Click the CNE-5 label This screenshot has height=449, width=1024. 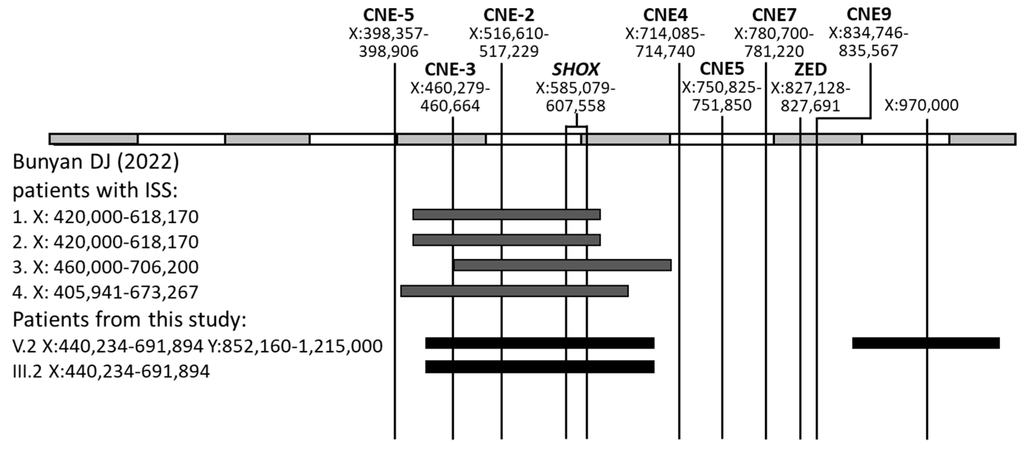click(388, 15)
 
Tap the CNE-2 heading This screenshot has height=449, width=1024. click(509, 15)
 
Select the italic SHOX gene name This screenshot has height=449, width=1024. click(575, 70)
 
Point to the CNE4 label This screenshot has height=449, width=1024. click(665, 15)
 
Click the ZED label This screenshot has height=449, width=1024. click(810, 70)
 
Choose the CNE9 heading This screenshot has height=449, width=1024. click(869, 14)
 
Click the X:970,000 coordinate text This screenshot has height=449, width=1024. click(921, 105)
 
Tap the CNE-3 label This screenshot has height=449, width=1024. click(450, 70)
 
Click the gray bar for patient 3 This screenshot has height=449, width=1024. click(562, 265)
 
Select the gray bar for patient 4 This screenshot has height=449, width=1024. click(514, 291)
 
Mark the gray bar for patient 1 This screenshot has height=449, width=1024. click(506, 215)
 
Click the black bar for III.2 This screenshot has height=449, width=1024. click(540, 367)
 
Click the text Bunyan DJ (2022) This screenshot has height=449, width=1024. click(96, 162)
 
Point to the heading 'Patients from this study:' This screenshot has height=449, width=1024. click(129, 320)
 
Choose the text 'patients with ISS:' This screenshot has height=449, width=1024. click(95, 191)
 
